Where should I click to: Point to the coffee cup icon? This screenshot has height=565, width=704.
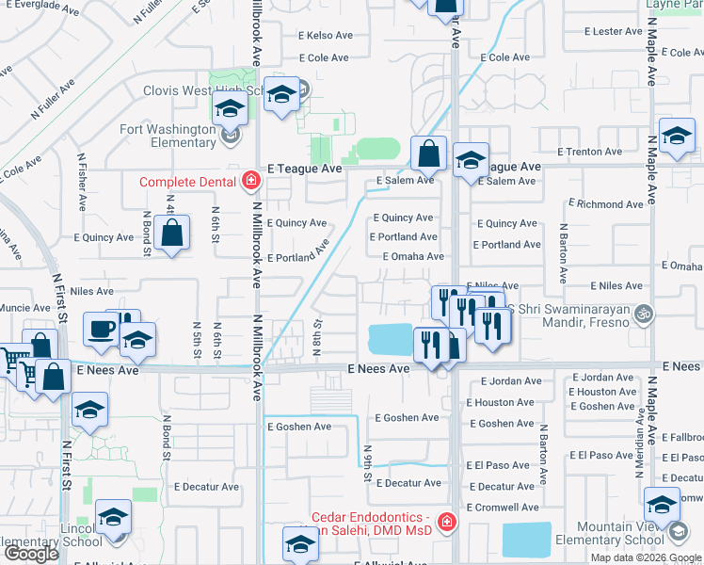[x=101, y=329]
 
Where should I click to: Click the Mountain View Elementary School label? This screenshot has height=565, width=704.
[x=609, y=534]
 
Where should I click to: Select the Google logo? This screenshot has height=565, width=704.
[x=31, y=554]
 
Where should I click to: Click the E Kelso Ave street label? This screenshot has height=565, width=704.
[x=325, y=36]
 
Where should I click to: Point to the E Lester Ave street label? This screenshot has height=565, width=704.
[x=612, y=32]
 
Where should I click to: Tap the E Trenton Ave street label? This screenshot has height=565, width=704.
[x=589, y=152]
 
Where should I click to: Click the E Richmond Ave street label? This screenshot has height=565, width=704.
[x=608, y=203]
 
